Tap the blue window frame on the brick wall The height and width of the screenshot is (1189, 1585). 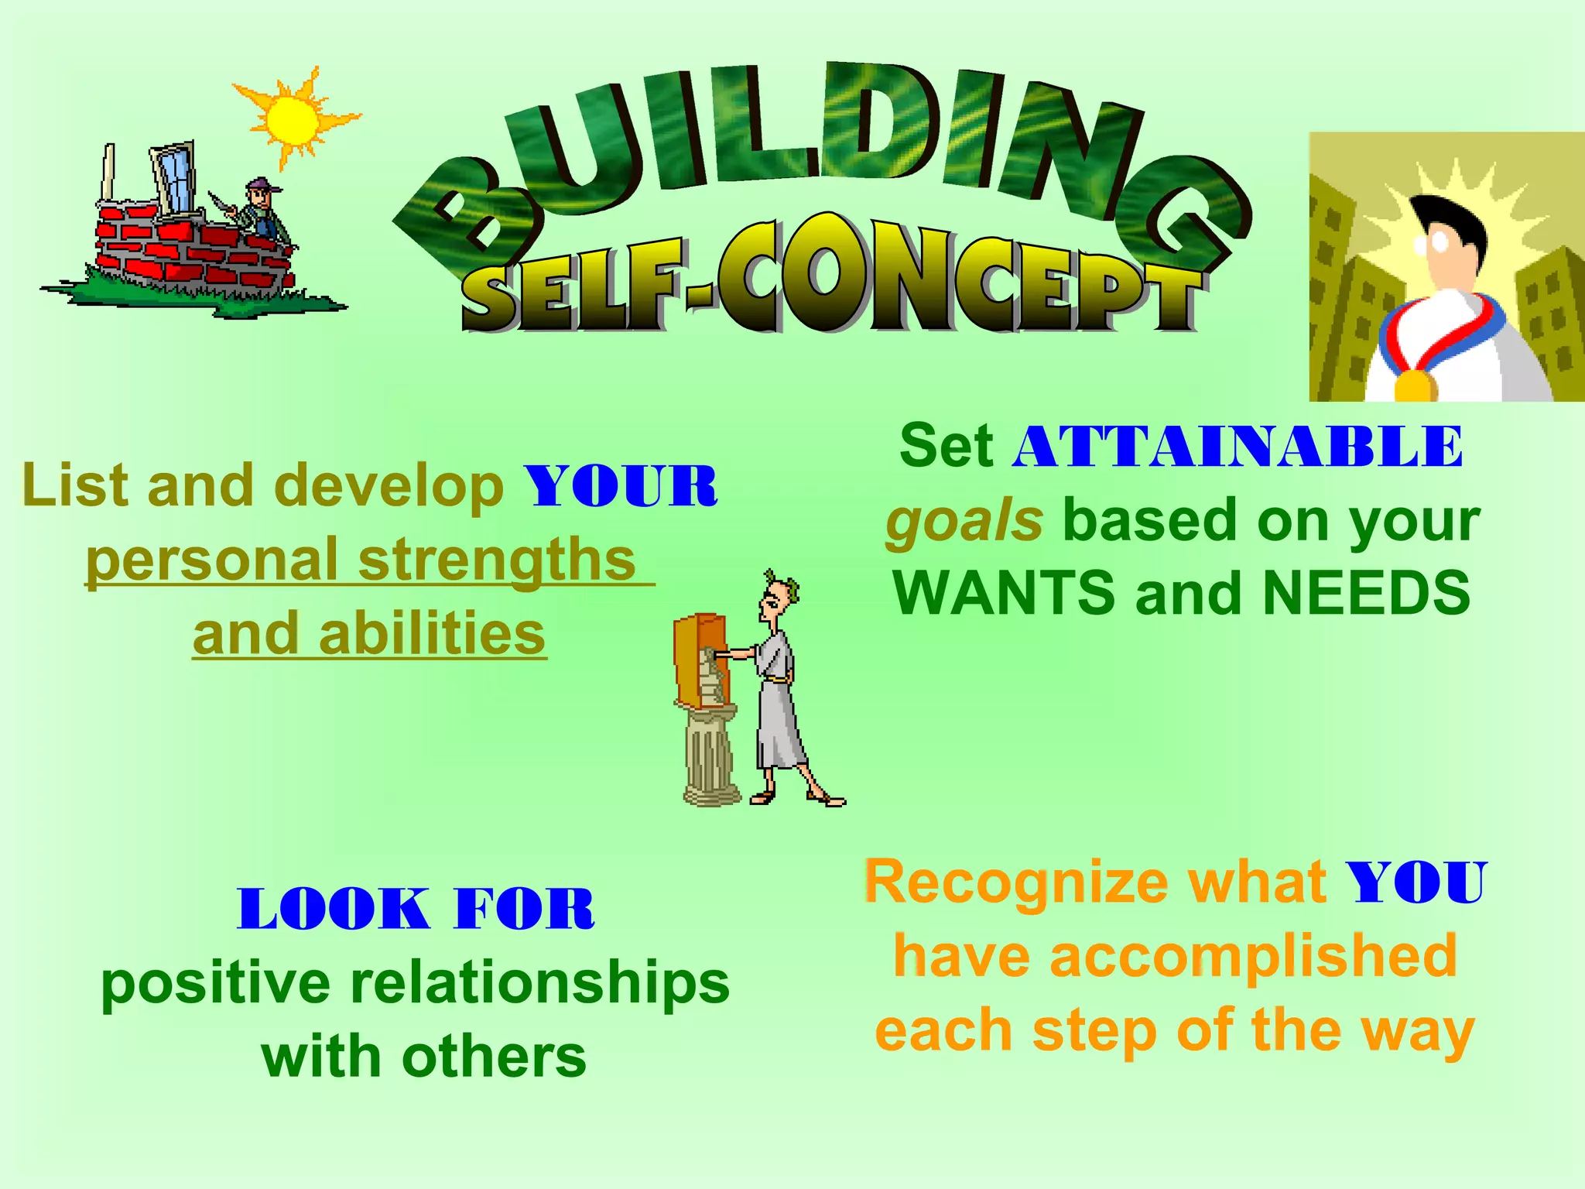coord(175,177)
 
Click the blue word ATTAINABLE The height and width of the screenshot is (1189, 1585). coord(1238,447)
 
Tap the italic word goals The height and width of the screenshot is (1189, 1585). coord(964,520)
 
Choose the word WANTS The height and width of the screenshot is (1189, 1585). coord(1005,593)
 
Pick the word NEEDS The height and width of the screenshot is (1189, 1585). coord(1366,593)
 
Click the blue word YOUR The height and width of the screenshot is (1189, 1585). coord(621,487)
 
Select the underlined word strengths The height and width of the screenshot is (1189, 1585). coord(497,559)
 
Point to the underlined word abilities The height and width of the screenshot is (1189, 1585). coord(432,633)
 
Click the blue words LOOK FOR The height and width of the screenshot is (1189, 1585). coord(416,909)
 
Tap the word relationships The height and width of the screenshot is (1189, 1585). coord(539,983)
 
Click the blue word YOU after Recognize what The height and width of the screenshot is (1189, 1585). coord(1416,882)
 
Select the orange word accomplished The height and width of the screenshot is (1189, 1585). coord(1253,956)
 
